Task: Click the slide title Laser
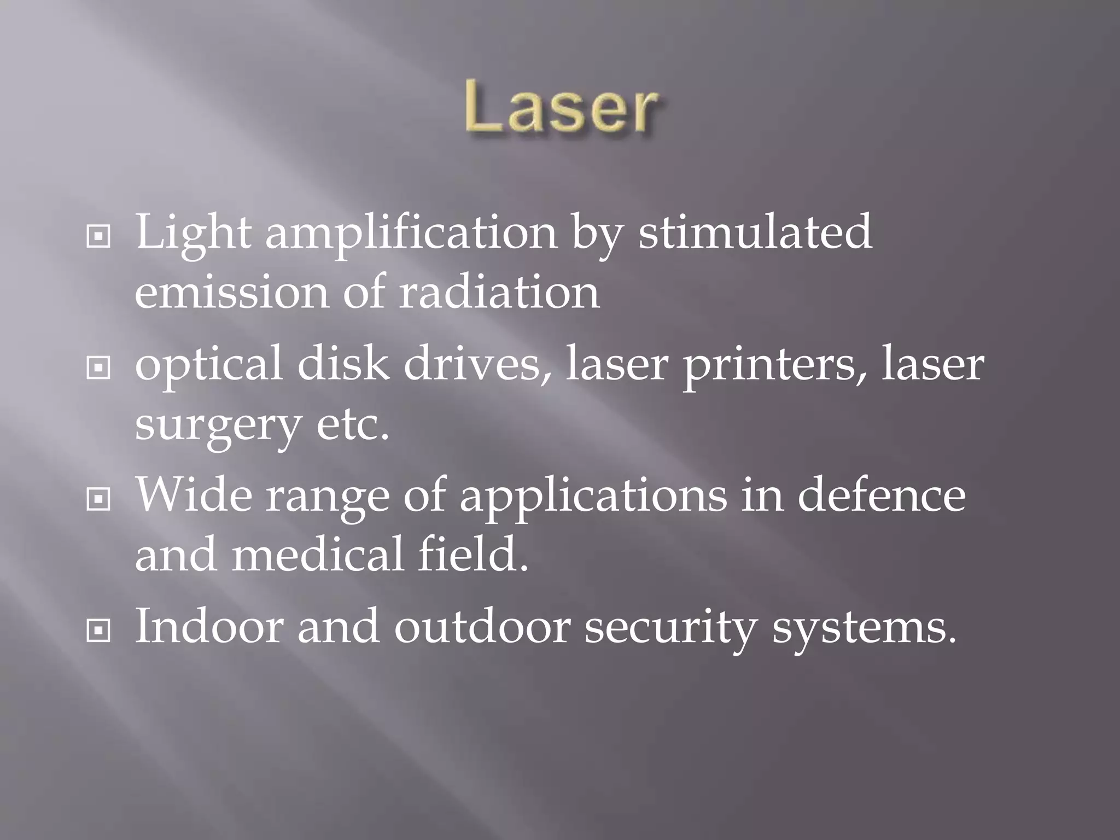tap(561, 107)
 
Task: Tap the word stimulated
tap(755, 232)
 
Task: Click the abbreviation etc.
tap(353, 424)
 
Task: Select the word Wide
tap(194, 495)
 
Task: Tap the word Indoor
tap(208, 626)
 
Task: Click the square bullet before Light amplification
tap(98, 237)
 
